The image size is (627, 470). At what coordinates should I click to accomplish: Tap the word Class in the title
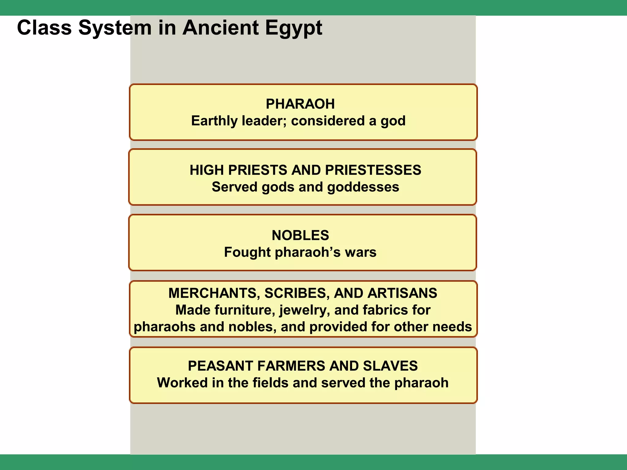click(44, 28)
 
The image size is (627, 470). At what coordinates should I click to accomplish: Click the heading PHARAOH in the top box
click(300, 104)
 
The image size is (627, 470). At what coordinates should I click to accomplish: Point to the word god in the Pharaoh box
click(393, 121)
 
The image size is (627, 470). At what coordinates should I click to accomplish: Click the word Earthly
click(214, 121)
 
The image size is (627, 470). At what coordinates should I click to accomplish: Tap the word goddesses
click(363, 187)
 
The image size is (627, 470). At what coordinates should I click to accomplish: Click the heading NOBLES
click(300, 235)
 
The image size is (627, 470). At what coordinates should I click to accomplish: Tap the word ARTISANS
click(402, 293)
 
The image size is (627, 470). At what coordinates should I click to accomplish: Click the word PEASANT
click(220, 366)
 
